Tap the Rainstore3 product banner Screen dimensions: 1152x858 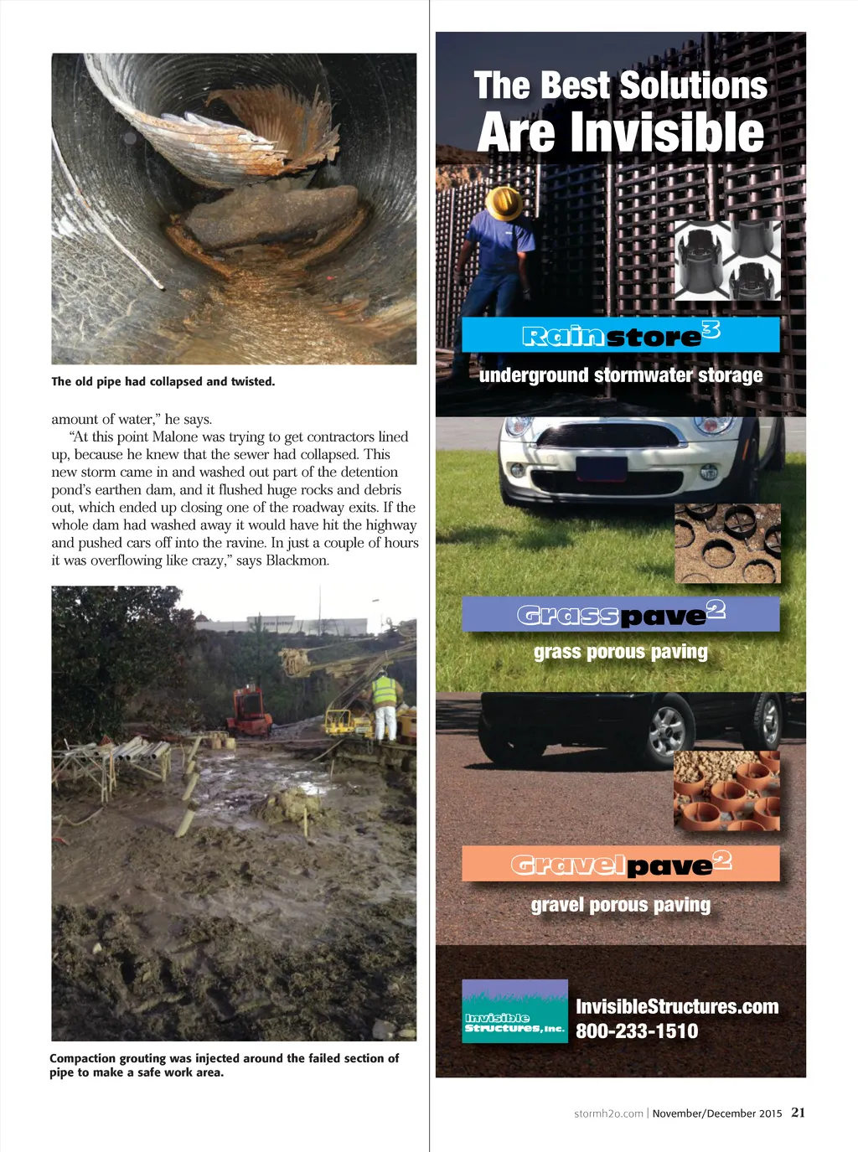pyautogui.click(x=620, y=335)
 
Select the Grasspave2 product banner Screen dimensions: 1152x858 pyautogui.click(x=620, y=615)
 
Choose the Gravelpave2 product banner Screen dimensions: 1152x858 pyautogui.click(x=620, y=864)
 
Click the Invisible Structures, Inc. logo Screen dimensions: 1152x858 pyautogui.click(x=514, y=1010)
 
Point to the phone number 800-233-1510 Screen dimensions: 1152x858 pyautogui.click(x=637, y=1031)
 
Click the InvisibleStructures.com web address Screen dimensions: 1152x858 pyautogui.click(x=677, y=1006)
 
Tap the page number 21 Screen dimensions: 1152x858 pyautogui.click(x=798, y=1113)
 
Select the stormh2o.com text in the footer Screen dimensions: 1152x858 pyautogui.click(x=608, y=1113)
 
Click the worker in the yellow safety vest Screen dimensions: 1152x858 pyautogui.click(x=385, y=704)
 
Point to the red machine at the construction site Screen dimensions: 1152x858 pyautogui.click(x=249, y=710)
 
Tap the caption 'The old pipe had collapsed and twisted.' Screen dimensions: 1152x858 pyautogui.click(x=163, y=381)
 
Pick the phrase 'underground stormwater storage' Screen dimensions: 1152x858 pyautogui.click(x=620, y=375)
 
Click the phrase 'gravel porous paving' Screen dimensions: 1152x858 pyautogui.click(x=620, y=905)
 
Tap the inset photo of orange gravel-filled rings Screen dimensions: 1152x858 pyautogui.click(x=726, y=791)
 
